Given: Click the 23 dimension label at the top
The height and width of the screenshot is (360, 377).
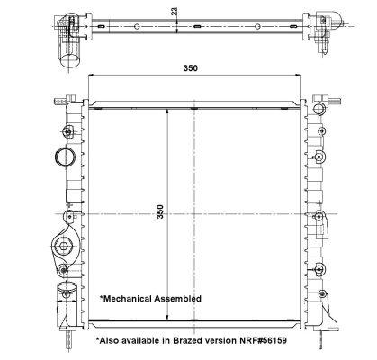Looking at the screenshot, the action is click(x=174, y=12).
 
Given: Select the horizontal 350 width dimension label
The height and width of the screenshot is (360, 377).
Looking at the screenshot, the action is click(x=191, y=68).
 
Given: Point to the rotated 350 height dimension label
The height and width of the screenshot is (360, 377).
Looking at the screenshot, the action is click(x=160, y=211).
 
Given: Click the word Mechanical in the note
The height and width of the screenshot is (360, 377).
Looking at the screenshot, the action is click(x=128, y=299).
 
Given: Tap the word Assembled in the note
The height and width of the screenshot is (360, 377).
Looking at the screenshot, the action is click(x=177, y=299).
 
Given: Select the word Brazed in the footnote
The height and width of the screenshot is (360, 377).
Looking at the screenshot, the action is click(x=186, y=340).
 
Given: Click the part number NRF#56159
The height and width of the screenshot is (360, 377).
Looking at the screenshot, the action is click(x=263, y=340).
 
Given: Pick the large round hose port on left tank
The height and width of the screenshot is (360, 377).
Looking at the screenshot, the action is click(x=65, y=157).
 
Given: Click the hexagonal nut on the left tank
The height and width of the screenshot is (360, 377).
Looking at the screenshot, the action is click(x=63, y=247).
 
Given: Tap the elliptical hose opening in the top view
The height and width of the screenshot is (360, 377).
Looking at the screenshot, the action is click(x=70, y=60).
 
